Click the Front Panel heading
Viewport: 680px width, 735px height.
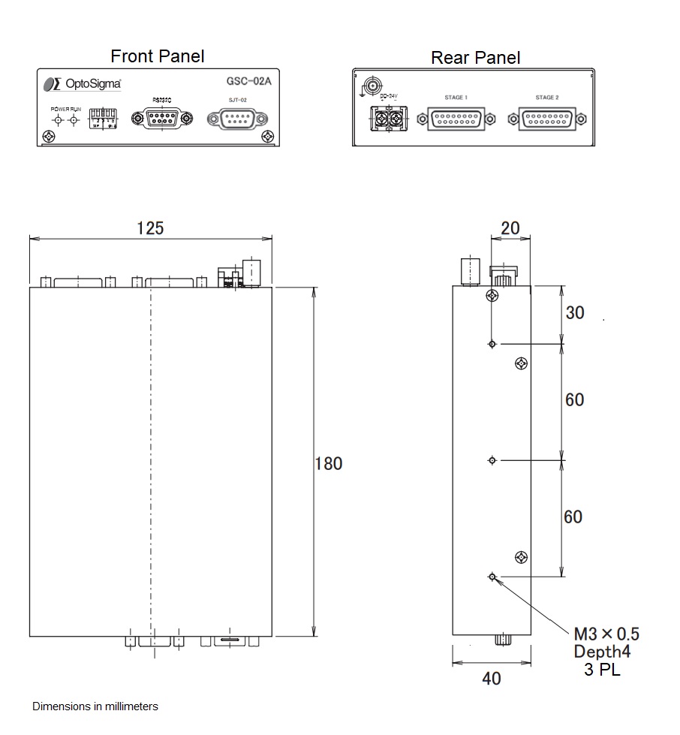pos(157,56)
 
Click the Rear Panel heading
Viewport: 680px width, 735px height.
pos(475,58)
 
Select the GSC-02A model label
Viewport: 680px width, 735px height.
pos(248,83)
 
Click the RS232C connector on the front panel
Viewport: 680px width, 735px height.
pos(161,118)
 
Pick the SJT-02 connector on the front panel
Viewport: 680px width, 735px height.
pos(237,119)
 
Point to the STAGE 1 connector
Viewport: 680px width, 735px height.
pos(456,119)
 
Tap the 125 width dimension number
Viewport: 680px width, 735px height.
pos(150,227)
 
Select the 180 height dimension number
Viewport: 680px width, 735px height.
pos(328,463)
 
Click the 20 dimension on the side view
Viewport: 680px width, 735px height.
pos(510,227)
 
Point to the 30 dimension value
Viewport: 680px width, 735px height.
pos(575,312)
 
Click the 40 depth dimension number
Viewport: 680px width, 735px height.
pos(491,679)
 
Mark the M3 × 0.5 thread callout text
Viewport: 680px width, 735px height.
pos(606,634)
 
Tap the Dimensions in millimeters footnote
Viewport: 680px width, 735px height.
pos(95,706)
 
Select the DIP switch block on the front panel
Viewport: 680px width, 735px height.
pos(103,117)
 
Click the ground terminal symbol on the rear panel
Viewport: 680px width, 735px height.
pos(369,84)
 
